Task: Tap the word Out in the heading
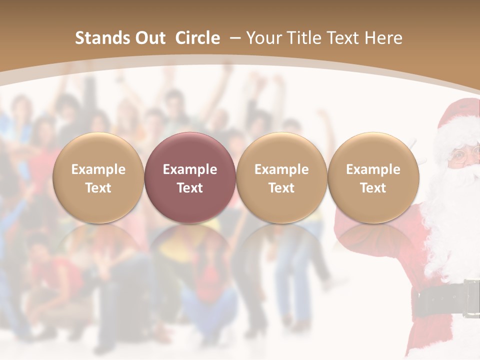point(148,38)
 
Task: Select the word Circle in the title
point(197,38)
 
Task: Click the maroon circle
point(190,177)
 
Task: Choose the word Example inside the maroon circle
point(190,169)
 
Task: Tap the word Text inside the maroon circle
point(190,188)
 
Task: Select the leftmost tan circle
point(98,177)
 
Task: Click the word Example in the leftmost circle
point(98,169)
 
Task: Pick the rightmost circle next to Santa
point(373,177)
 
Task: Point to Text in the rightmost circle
point(373,188)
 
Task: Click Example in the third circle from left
point(281,169)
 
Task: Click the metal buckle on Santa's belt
point(471,298)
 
